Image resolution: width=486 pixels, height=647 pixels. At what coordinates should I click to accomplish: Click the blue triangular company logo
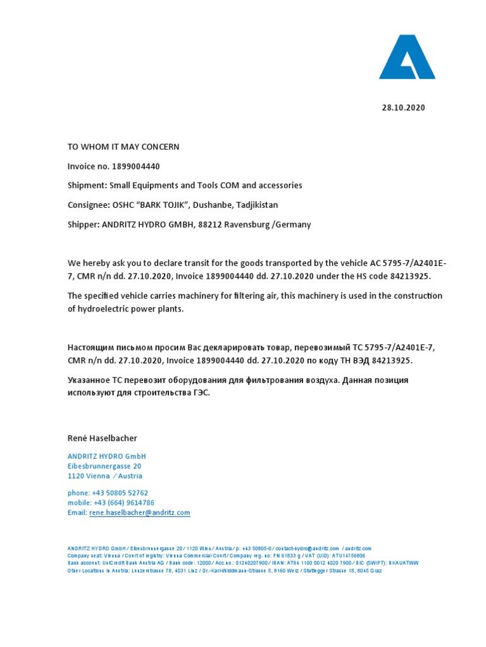coord(407,57)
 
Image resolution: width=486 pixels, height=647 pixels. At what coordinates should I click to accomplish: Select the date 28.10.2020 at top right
coord(404,107)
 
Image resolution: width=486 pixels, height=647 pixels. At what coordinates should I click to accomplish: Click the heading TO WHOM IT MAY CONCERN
coord(123,147)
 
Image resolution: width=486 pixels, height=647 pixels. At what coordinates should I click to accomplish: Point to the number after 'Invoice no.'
coord(136,166)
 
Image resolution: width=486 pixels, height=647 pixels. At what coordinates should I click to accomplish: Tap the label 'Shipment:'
coord(87,186)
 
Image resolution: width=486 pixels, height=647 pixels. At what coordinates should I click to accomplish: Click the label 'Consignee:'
coord(89,205)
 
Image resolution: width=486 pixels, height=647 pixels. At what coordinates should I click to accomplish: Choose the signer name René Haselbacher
coord(102,438)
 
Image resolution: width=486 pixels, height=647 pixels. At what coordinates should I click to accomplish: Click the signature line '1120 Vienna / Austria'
coord(105,476)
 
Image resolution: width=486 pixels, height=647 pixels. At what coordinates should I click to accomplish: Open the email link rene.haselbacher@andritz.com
coord(140,513)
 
